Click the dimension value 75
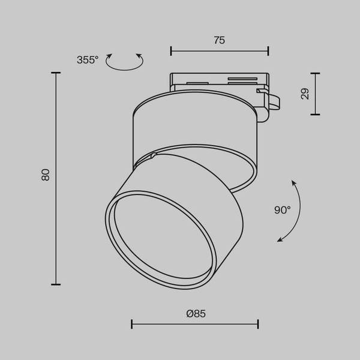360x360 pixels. click(x=219, y=40)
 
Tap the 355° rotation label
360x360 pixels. click(x=87, y=59)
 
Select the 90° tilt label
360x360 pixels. click(x=282, y=210)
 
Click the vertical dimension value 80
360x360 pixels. click(x=46, y=175)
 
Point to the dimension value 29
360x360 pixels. click(x=305, y=94)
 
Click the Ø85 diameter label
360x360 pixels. click(x=196, y=313)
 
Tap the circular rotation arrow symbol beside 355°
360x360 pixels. click(x=124, y=61)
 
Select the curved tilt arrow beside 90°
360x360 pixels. click(x=295, y=211)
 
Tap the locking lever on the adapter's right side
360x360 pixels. click(x=271, y=101)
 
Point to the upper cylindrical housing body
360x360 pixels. click(x=192, y=126)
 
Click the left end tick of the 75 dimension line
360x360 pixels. click(x=171, y=51)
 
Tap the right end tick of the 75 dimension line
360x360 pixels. click(x=268, y=51)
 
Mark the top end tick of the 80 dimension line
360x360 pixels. click(x=56, y=73)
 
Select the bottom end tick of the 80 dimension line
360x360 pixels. click(x=56, y=284)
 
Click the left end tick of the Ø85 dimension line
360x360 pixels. click(x=132, y=325)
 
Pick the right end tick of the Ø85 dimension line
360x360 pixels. click(x=258, y=325)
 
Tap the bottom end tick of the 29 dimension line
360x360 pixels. click(x=315, y=115)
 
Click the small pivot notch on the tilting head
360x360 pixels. click(x=154, y=155)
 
